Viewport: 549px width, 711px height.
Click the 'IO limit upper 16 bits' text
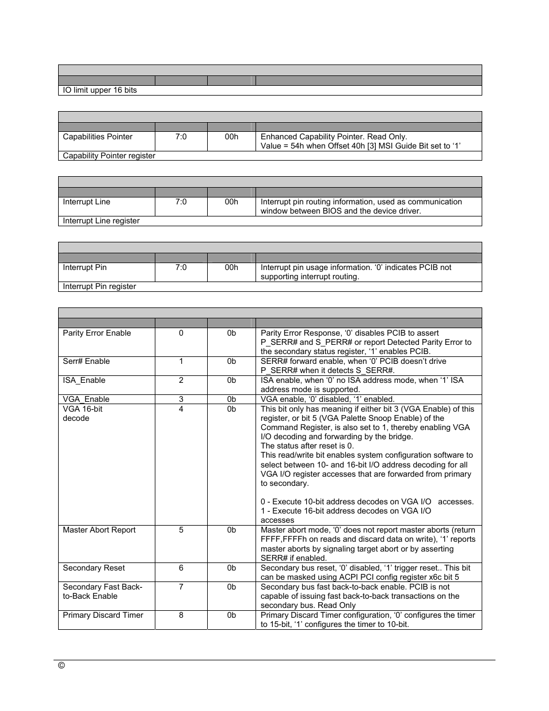coord(100,90)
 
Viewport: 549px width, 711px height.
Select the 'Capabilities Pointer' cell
coord(97,137)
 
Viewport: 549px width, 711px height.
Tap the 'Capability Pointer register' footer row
coord(109,156)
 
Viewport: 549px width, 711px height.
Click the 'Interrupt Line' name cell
coord(86,202)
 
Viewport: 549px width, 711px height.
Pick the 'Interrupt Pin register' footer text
coord(99,287)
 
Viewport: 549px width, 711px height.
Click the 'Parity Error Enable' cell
coord(97,333)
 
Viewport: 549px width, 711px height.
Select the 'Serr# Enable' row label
coord(86,362)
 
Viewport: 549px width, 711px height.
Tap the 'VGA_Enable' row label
coord(86,399)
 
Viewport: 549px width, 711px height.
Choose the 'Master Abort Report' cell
coord(99,530)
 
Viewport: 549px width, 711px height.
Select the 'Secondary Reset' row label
coord(93,568)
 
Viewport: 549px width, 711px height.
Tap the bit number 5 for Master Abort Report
coord(181,530)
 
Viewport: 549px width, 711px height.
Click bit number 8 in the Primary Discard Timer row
coord(181,615)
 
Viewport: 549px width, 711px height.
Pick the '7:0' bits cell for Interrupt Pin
coord(181,268)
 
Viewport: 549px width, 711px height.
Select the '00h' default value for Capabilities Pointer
coord(231,137)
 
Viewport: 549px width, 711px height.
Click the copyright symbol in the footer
coord(62,666)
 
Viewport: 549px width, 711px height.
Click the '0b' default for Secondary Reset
coord(231,568)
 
